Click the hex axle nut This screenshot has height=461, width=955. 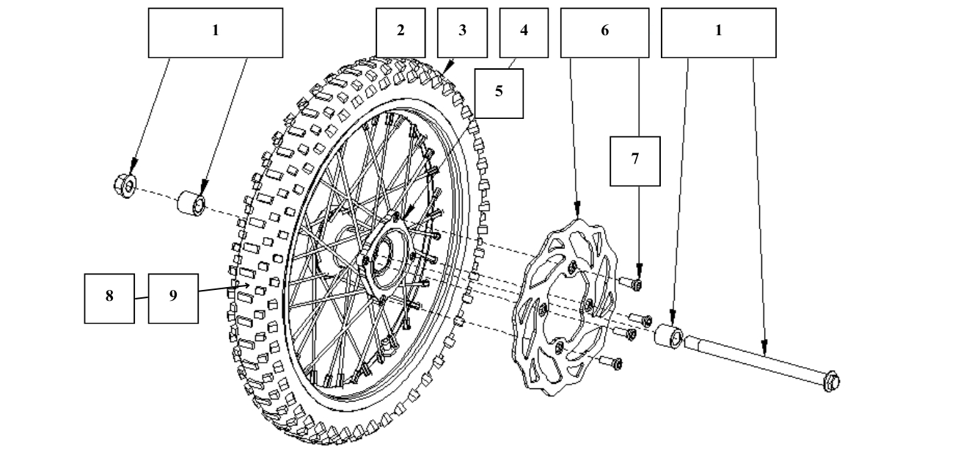(125, 186)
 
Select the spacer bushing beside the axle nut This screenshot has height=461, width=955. (191, 201)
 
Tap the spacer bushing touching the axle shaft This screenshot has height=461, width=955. (669, 335)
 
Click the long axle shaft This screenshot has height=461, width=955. (755, 359)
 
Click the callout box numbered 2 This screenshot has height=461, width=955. (400, 32)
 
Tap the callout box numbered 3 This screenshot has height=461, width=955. (462, 32)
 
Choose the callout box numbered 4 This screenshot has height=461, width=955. (523, 32)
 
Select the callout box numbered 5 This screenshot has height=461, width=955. (499, 93)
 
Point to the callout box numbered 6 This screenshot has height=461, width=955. (604, 32)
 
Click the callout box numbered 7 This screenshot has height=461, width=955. (635, 161)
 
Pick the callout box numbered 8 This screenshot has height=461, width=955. (109, 298)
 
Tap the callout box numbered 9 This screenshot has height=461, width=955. (173, 298)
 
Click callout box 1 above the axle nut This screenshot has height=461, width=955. (215, 32)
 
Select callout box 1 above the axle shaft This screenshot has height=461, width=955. (718, 32)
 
